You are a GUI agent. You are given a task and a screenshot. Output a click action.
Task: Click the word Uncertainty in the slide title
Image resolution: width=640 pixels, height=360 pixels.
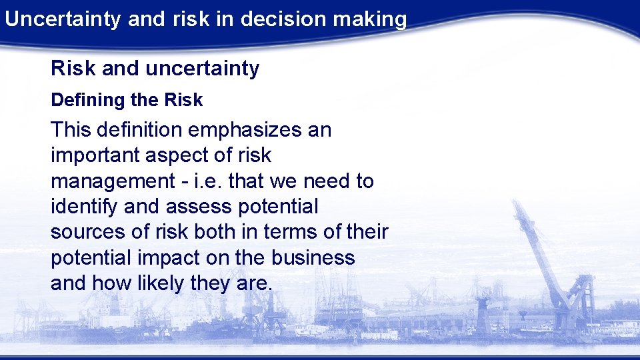63,19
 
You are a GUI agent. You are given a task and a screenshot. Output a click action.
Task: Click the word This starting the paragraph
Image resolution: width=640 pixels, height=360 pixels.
70,129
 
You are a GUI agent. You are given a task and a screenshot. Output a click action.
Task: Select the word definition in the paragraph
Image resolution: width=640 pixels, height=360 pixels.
137,129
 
